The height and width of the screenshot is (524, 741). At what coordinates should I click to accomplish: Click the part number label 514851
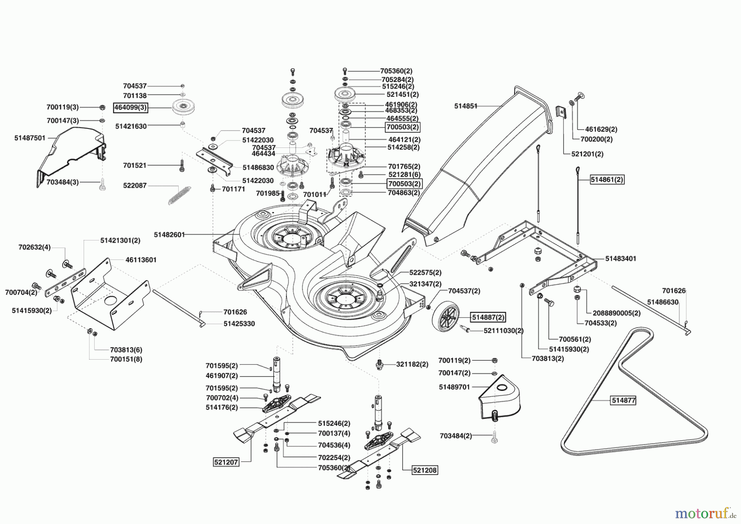[x=466, y=106]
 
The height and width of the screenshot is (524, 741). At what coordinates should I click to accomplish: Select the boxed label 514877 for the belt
[x=624, y=400]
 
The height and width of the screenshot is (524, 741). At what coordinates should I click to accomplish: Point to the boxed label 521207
[x=226, y=462]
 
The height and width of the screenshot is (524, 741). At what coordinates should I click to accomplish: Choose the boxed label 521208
[x=425, y=470]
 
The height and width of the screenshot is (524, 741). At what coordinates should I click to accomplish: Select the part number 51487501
[x=30, y=138]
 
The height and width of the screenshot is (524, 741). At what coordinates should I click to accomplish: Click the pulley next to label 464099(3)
[x=183, y=108]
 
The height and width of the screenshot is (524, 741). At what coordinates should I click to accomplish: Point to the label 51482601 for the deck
[x=169, y=234]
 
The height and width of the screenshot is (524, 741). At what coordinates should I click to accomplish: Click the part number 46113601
[x=141, y=260]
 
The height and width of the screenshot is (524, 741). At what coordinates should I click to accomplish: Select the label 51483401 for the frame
[x=620, y=259]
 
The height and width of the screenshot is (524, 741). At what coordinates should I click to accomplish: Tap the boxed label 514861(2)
[x=607, y=180]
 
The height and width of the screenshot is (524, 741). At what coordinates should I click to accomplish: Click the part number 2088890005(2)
[x=616, y=313]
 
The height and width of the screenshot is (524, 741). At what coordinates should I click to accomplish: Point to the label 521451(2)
[x=402, y=94]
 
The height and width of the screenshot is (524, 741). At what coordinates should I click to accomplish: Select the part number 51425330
[x=239, y=324]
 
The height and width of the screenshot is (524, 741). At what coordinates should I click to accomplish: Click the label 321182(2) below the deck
[x=412, y=364]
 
